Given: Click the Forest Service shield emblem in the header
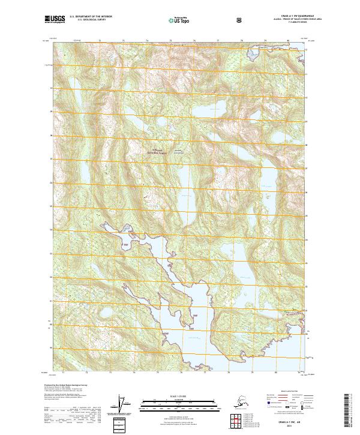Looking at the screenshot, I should tap(241, 21).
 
